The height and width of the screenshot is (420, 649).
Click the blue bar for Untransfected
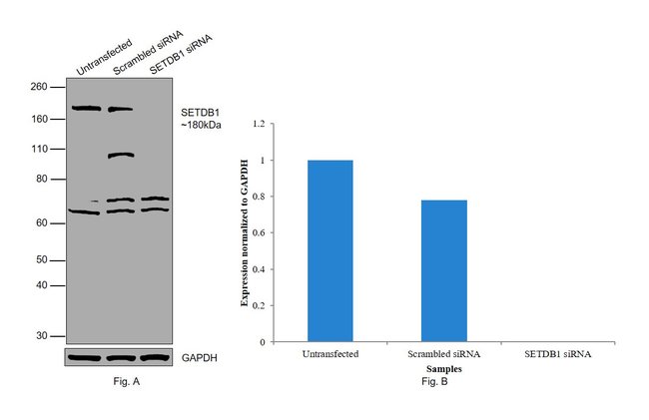point(329,250)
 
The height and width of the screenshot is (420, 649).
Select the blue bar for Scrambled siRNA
point(443,270)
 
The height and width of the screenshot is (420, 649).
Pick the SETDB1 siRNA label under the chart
point(558,354)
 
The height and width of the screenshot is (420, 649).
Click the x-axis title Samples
point(443,368)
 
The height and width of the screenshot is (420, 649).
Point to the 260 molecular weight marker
point(40,88)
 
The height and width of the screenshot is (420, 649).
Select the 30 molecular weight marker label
point(43,336)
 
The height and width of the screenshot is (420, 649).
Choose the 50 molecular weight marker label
point(43,260)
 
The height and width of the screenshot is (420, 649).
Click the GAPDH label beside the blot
point(200,357)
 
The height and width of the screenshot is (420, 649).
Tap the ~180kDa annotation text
point(201,126)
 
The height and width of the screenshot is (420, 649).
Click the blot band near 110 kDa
point(121,155)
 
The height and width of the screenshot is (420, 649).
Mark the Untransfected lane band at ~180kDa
point(86,109)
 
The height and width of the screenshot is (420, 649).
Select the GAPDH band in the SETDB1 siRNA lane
point(154,357)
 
